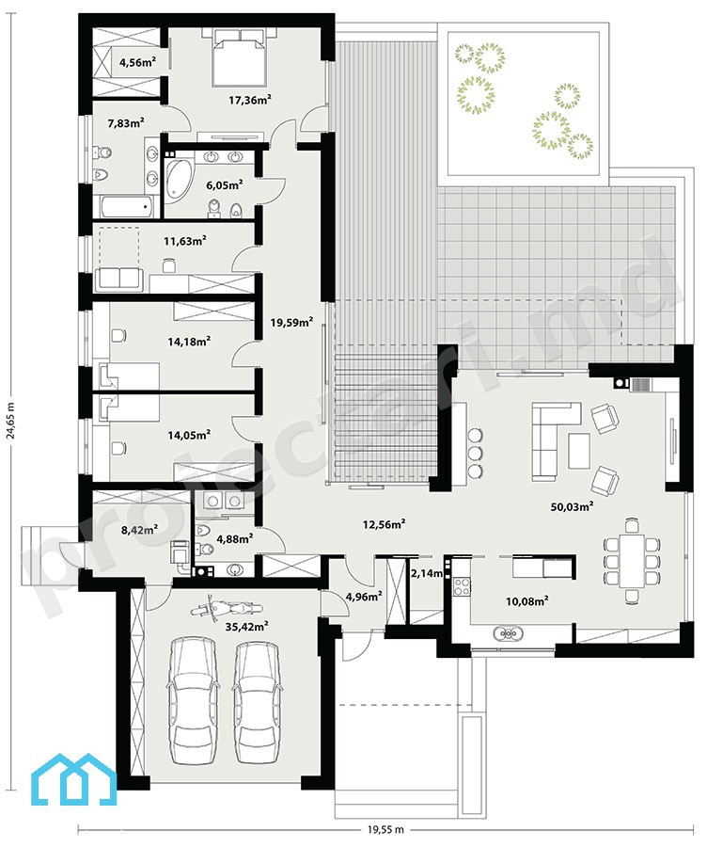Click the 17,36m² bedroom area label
tap(249, 100)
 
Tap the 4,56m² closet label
tap(137, 62)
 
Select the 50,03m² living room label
tap(572, 506)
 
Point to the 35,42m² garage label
tap(246, 626)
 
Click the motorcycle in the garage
tap(227, 609)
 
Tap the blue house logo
tap(73, 779)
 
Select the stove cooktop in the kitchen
tap(462, 586)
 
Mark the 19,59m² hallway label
tap(291, 323)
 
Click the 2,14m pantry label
tap(427, 572)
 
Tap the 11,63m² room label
tap(185, 240)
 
